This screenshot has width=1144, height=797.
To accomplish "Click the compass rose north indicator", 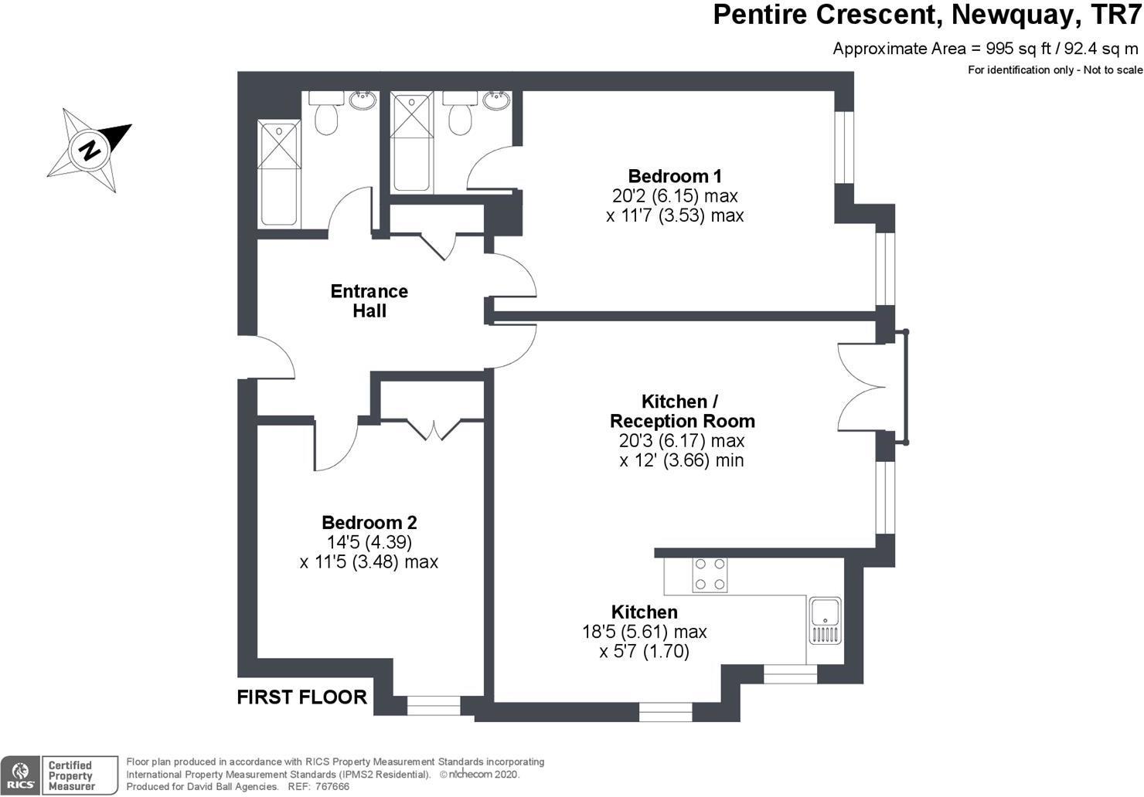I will pos(90,149).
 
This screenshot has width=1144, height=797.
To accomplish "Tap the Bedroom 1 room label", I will pos(674,176).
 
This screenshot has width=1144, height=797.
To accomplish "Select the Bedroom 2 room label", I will pos(369,523).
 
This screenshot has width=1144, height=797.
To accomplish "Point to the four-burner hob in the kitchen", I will pos(709,575).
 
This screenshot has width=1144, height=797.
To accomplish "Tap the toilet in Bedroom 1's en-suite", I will pos(461,117).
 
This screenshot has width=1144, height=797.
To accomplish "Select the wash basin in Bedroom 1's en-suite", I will pos(495,100).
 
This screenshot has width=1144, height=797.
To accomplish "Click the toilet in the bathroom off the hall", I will pos(327,117).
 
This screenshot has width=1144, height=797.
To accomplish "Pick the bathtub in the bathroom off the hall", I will pos(278,172).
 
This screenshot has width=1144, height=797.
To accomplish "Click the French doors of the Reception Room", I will pos(860,386).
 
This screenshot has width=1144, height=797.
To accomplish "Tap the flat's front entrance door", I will pos(267,358).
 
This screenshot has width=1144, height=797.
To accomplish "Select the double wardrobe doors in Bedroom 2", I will pos(434,429).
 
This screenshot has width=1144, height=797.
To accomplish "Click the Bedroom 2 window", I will pos(433,705).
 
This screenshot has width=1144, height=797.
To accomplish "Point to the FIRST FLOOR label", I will pos(301,697).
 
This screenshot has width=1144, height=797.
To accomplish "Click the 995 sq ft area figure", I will pos(1018,49).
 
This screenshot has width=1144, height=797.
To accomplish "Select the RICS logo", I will pos(20,775).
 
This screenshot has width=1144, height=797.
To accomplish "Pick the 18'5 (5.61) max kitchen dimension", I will pos(644,633).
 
